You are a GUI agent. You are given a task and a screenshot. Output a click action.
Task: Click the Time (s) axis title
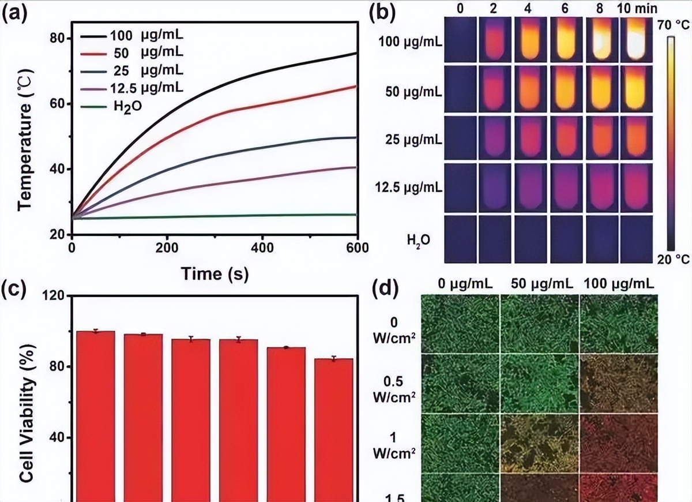point(215,274)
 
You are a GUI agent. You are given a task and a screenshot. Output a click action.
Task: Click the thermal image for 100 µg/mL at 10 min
point(637,39)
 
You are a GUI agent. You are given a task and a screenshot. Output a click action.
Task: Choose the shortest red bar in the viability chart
point(333,430)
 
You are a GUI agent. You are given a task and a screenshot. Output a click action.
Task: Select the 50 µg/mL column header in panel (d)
point(539,284)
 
